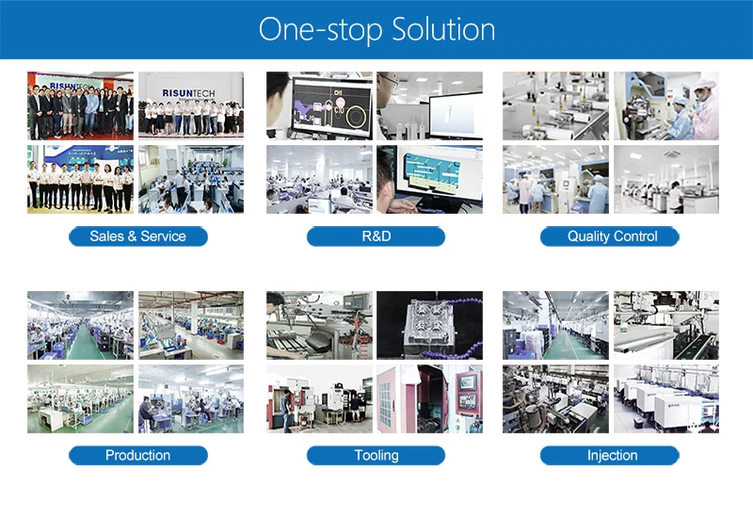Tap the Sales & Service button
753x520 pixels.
[x=137, y=236]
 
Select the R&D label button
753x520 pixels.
[x=376, y=236]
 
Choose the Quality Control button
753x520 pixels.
[x=612, y=236]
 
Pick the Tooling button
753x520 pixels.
[x=376, y=456]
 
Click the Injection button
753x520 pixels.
[x=612, y=456]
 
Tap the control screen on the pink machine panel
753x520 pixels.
[x=466, y=387]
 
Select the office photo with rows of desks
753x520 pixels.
[x=191, y=179]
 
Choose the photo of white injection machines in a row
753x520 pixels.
[x=665, y=399]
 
